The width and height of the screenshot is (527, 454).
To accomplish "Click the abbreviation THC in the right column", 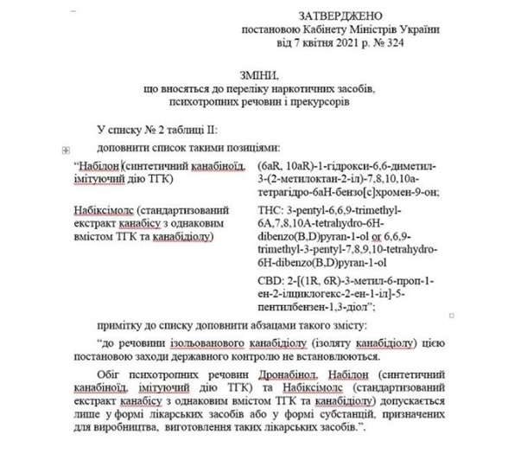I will pos(271,210).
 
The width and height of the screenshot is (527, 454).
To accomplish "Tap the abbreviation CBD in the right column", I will pos(271,282).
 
